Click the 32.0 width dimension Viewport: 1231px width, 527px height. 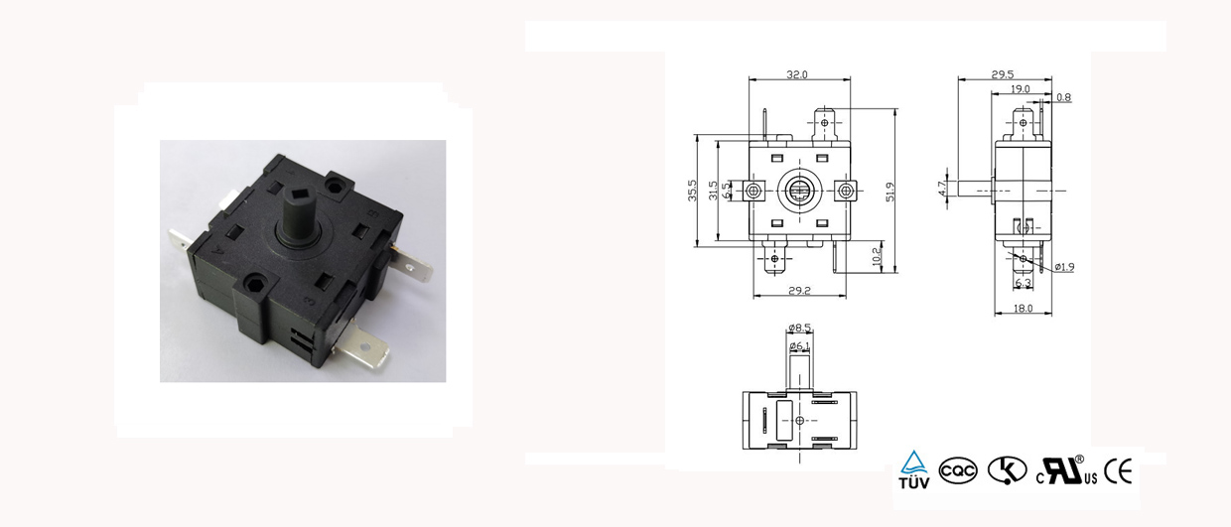(797, 74)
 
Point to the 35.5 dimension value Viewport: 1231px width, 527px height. (692, 191)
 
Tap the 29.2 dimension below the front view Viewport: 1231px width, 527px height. (799, 290)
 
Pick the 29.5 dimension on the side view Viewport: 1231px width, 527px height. (1003, 74)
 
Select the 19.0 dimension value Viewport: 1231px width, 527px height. (1020, 89)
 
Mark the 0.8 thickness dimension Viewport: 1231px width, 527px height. (1063, 97)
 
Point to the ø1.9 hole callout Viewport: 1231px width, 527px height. (1064, 267)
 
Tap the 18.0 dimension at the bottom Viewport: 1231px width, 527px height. (1024, 309)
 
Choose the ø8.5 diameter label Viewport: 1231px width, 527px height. (799, 328)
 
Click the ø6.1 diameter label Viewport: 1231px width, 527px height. (799, 345)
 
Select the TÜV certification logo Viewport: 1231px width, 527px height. (914, 470)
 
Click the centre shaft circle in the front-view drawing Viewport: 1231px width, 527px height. (799, 189)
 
